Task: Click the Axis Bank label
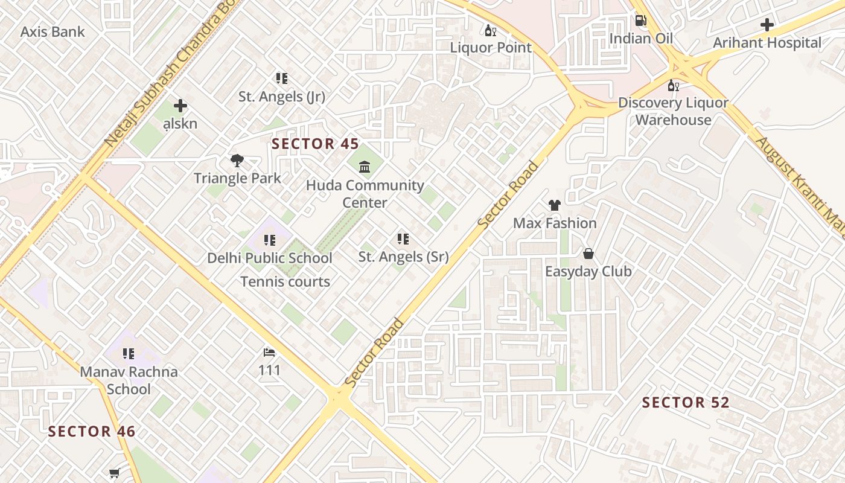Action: tap(53, 32)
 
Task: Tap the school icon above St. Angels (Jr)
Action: tap(282, 78)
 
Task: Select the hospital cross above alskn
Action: tap(180, 106)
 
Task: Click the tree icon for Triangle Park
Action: tap(237, 161)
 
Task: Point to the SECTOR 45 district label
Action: tap(315, 144)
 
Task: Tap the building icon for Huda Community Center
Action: tap(365, 167)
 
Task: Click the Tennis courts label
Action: tap(285, 281)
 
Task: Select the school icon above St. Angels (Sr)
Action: tap(403, 239)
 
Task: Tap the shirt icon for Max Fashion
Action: tap(555, 205)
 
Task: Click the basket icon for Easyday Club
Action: tap(588, 254)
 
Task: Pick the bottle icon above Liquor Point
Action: tap(490, 30)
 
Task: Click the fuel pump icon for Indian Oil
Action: tap(640, 21)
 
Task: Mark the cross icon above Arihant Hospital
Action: tap(767, 25)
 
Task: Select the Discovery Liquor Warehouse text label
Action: tap(673, 111)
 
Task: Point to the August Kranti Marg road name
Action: tap(800, 187)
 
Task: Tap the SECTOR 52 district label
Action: tap(686, 403)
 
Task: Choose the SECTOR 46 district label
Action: tap(92, 432)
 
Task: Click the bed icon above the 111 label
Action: tap(269, 353)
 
